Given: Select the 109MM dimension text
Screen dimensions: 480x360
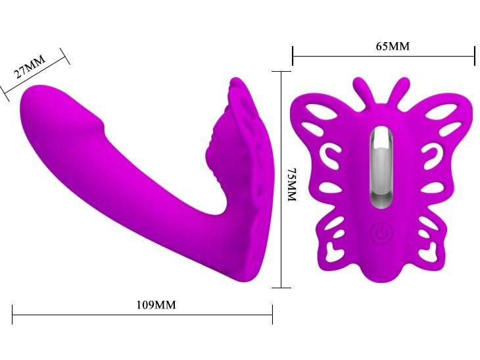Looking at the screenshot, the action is pyautogui.click(x=156, y=305).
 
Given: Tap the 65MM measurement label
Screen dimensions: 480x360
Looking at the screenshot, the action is pyautogui.click(x=393, y=46).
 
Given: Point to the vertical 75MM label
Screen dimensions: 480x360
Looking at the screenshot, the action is pyautogui.click(x=293, y=184).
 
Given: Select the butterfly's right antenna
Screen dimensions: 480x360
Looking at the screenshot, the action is pyautogui.click(x=398, y=91).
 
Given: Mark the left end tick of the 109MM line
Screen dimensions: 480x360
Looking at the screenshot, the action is pyautogui.click(x=12, y=315).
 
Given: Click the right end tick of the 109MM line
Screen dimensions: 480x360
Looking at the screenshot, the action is pyautogui.click(x=272, y=315).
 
